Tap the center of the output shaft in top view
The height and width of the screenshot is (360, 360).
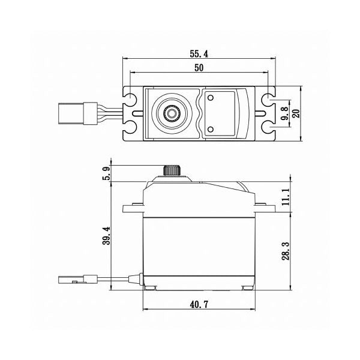click(x=172, y=113)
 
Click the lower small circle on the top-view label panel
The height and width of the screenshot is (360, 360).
click(x=211, y=130)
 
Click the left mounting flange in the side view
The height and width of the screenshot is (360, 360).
click(x=133, y=209)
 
